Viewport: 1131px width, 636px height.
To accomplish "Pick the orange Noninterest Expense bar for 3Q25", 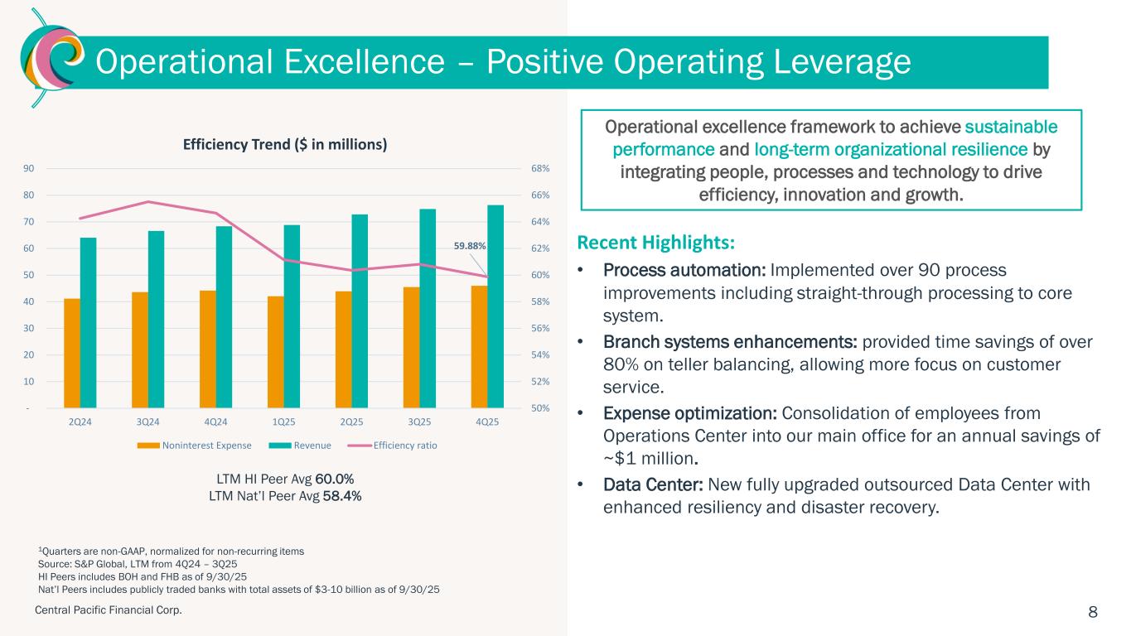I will click(x=411, y=347).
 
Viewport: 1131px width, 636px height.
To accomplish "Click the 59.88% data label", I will click(x=469, y=246).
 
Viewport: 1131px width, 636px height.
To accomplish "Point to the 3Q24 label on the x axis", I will click(x=147, y=422).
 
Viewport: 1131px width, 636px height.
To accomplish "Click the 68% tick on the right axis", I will click(x=540, y=169).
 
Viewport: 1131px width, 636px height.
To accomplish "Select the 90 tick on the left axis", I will click(x=28, y=169).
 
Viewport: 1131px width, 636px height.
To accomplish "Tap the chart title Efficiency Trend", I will click(x=285, y=144).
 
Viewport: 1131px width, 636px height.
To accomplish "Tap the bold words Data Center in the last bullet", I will click(x=649, y=484).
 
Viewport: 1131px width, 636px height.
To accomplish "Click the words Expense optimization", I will click(x=690, y=413).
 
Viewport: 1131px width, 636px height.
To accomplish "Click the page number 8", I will click(x=1093, y=612).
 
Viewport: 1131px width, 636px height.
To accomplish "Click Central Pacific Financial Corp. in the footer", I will click(x=108, y=610).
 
